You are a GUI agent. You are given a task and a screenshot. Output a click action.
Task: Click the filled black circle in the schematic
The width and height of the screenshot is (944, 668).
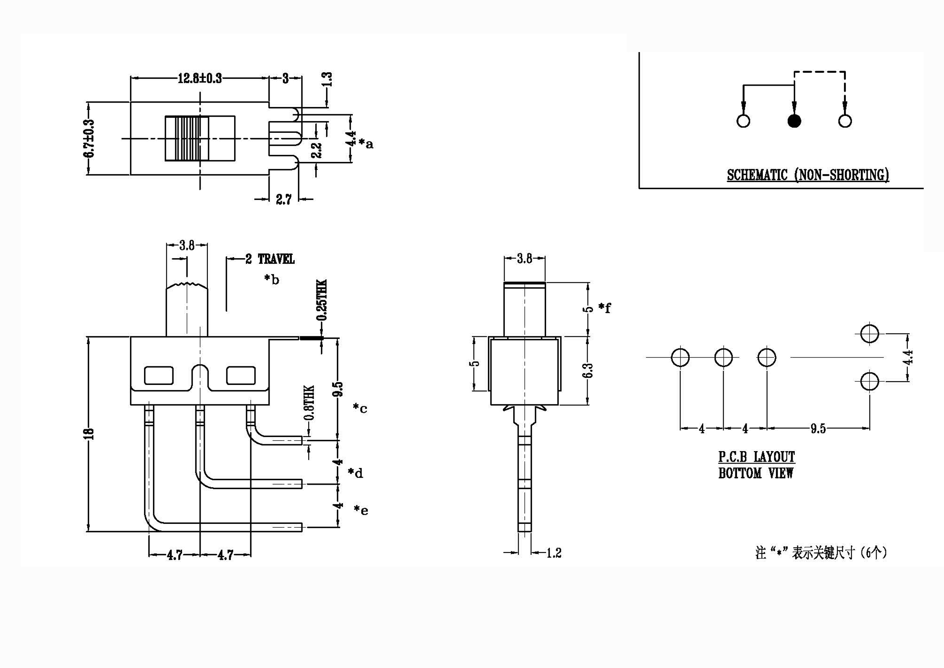click(794, 121)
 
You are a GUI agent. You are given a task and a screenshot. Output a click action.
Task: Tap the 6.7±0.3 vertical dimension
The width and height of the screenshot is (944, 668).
click(89, 138)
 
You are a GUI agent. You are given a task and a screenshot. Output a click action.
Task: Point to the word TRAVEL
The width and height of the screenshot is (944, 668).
click(276, 259)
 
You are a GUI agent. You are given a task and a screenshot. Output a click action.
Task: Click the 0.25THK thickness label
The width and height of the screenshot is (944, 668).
click(322, 300)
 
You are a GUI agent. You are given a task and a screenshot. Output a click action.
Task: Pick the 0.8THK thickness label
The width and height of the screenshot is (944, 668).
click(309, 403)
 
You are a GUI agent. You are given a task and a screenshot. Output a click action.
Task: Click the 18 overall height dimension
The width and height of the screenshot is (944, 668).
click(90, 433)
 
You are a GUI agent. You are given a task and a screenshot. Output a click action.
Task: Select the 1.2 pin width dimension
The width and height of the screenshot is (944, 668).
click(553, 553)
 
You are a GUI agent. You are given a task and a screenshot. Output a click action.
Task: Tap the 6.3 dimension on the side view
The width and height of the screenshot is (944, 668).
click(589, 370)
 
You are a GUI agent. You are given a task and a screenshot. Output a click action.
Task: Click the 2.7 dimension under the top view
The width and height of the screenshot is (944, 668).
click(283, 200)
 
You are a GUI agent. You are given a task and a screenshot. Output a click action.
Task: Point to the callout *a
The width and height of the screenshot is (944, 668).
click(366, 143)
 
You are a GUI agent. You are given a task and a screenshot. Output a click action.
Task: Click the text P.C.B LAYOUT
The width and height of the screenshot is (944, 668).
click(756, 457)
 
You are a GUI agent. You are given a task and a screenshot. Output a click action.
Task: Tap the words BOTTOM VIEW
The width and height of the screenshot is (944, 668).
click(756, 473)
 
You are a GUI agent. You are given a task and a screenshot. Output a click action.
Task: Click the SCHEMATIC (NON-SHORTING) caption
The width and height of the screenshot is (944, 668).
click(808, 175)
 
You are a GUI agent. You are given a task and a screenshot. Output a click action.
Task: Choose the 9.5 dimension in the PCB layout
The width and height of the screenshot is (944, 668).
click(818, 429)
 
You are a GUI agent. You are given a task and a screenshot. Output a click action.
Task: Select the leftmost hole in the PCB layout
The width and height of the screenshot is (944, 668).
click(680, 357)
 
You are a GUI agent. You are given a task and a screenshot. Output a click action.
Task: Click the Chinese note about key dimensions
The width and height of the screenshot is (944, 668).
click(821, 553)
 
